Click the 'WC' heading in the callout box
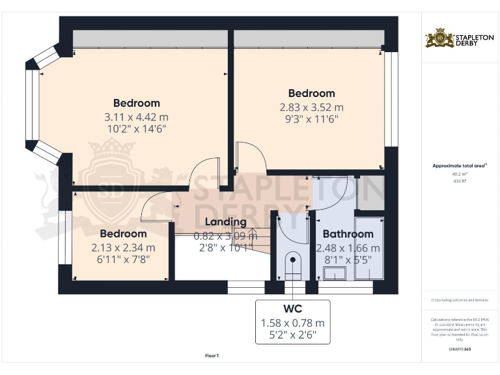(x=292, y=309)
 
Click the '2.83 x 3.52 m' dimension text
(x=311, y=107)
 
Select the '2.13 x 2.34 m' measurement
(x=123, y=247)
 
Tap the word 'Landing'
(x=226, y=222)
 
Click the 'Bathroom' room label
(x=348, y=234)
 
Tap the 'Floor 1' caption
(x=212, y=355)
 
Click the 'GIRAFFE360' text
(x=459, y=350)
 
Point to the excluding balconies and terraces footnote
(x=459, y=299)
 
